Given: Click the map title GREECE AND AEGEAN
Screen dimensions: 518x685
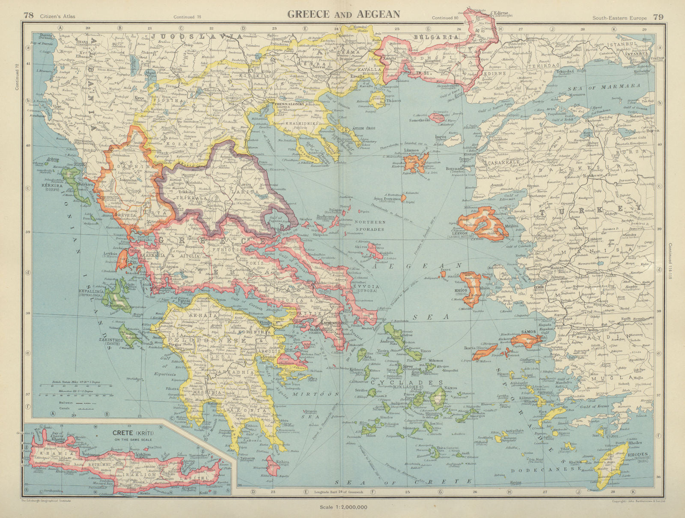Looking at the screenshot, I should pos(343,14).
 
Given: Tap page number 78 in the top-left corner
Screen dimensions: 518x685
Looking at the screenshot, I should pos(28,16).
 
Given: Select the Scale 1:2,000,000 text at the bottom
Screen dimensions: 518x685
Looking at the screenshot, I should pos(343,507).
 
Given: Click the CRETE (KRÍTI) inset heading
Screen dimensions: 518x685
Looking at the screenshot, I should pos(133,433).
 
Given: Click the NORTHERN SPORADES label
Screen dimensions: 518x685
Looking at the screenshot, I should pos(371,225).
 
